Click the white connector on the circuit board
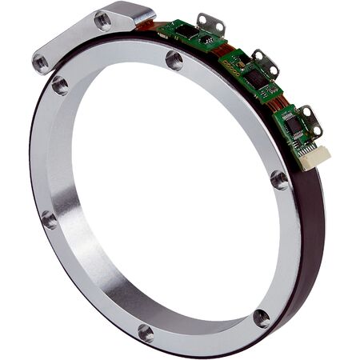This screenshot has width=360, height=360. (314, 158)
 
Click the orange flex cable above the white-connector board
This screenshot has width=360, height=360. (279, 102)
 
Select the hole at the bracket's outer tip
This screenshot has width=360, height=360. (40, 59)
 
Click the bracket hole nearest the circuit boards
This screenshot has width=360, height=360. (103, 22)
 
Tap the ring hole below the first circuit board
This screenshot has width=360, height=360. (174, 59)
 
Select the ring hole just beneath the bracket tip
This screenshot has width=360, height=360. (60, 84)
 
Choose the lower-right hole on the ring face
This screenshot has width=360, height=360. (261, 318)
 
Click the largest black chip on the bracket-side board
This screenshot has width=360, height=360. (193, 34)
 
